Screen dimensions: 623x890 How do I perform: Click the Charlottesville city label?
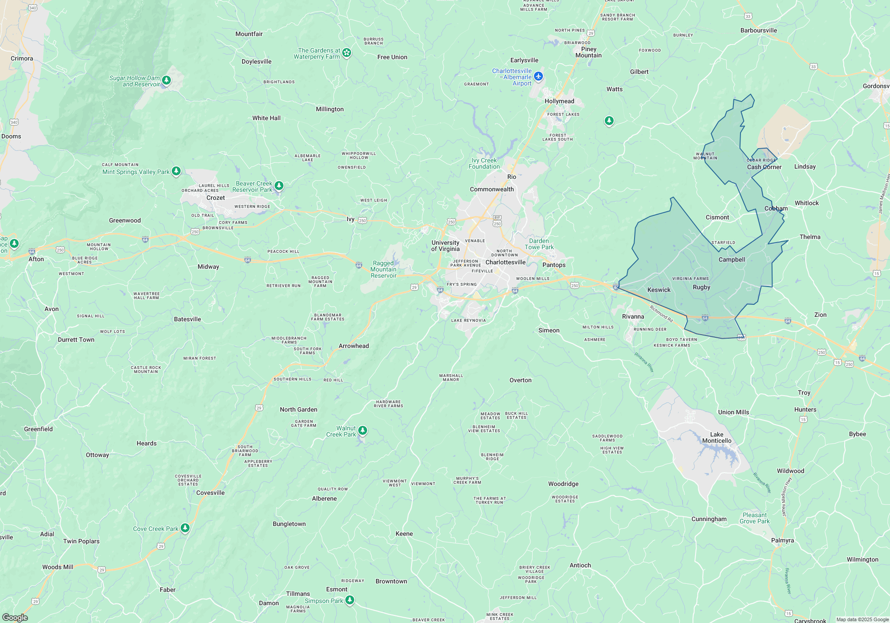click(x=506, y=262)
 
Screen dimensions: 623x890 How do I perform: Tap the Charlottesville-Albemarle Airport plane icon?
click(x=538, y=77)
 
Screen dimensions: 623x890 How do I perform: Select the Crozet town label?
click(x=215, y=198)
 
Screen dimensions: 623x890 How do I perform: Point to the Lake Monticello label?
click(x=716, y=437)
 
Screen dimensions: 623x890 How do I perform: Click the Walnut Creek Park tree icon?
click(x=363, y=430)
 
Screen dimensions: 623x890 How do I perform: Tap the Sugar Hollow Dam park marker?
click(x=166, y=80)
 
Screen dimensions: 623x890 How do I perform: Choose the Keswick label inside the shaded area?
click(x=659, y=290)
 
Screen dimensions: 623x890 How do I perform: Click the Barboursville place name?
click(x=758, y=30)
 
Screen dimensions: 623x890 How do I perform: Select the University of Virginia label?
click(x=445, y=246)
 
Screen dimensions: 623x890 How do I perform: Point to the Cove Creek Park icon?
click(x=185, y=528)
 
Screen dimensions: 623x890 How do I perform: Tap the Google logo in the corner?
click(x=15, y=617)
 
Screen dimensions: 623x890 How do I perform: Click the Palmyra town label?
click(x=782, y=540)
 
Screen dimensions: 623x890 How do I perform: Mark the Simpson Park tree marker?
click(x=350, y=600)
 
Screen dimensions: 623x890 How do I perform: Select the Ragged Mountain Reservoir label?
click(x=383, y=269)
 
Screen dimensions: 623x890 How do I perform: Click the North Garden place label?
click(x=299, y=409)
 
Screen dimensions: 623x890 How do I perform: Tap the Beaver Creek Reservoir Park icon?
click(x=279, y=185)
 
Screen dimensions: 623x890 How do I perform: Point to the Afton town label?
click(x=36, y=259)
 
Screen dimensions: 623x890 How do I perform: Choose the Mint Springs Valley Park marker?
click(x=176, y=171)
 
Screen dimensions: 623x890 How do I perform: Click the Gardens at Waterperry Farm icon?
click(x=347, y=53)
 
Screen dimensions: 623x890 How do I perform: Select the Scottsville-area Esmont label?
click(x=336, y=589)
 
